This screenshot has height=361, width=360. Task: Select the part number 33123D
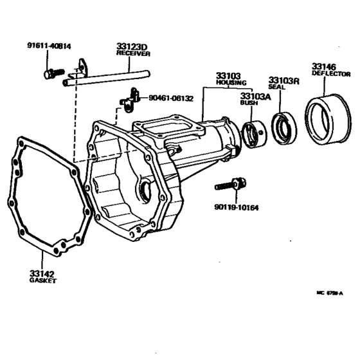tap(132, 47)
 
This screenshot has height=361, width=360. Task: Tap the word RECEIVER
tap(133, 54)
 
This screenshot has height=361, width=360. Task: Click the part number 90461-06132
tap(171, 98)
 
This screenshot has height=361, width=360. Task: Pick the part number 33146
tap(325, 66)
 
